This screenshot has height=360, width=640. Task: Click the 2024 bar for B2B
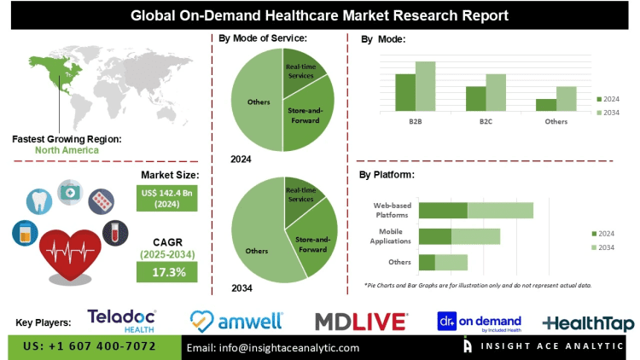(x=404, y=91)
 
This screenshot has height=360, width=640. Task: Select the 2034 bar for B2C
(x=496, y=91)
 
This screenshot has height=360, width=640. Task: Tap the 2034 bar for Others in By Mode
(x=567, y=98)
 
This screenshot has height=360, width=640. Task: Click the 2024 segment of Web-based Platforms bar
(x=443, y=210)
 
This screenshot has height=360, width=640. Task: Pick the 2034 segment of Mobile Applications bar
(x=475, y=236)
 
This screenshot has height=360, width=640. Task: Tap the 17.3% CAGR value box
(x=166, y=271)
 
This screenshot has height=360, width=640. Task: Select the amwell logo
(x=236, y=321)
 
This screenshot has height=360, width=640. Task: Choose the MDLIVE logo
(x=358, y=322)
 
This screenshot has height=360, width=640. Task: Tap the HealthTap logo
(x=589, y=323)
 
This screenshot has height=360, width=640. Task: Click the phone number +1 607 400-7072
(x=94, y=347)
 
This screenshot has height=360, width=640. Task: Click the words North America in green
(x=67, y=150)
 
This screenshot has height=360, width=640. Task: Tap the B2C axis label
(x=486, y=121)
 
